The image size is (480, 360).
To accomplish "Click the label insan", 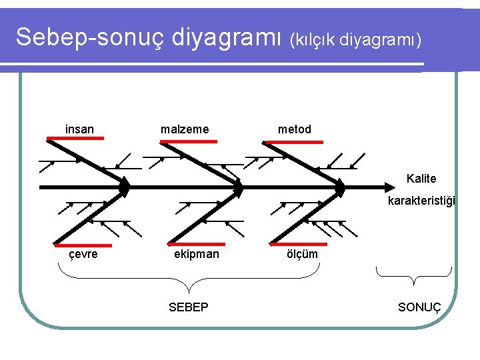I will [x=79, y=129].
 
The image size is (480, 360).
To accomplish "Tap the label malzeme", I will [x=185, y=129].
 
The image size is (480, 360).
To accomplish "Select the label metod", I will [x=295, y=129].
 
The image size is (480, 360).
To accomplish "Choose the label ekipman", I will [x=196, y=254].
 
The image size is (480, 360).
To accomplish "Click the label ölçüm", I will [x=302, y=254].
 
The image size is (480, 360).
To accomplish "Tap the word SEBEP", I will [x=189, y=307].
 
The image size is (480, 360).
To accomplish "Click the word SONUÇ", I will [x=419, y=307].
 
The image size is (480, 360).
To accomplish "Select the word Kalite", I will [x=421, y=179].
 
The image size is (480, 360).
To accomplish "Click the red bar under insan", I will [x=75, y=138].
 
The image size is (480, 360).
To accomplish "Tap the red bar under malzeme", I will [x=189, y=141].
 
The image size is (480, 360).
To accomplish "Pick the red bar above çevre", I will [x=79, y=245].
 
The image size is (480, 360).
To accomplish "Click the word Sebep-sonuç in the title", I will [x=90, y=37].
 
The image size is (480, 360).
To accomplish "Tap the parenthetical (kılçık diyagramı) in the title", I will [x=355, y=40].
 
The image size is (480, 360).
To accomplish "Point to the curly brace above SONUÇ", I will [x=413, y=274].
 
